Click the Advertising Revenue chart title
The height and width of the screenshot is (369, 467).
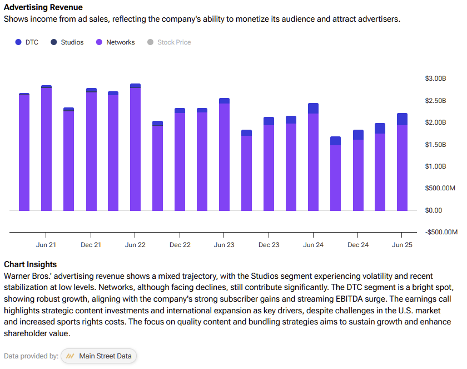43,7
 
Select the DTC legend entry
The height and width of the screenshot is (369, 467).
27,42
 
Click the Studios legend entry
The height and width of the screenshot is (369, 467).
67,42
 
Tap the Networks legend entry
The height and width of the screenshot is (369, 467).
116,42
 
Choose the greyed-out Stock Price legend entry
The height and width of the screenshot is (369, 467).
169,42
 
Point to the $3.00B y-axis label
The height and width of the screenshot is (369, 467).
435,78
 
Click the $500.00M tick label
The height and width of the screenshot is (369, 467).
440,188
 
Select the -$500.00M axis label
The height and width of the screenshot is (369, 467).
441,232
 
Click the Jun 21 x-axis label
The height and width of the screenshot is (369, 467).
46,245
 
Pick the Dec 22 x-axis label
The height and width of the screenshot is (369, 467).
180,245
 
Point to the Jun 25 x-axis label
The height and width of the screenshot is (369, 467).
403,245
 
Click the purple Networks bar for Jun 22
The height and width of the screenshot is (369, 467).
135,150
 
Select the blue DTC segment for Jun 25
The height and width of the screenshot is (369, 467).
402,119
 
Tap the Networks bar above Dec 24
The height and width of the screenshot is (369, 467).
358,175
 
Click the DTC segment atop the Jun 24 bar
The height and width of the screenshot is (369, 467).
313,108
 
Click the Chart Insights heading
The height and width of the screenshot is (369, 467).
30,264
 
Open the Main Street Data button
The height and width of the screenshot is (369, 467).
98,356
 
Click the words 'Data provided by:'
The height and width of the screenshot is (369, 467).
31,356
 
